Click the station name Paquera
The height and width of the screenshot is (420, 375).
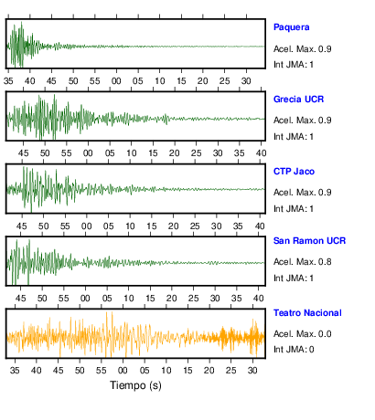[291, 27]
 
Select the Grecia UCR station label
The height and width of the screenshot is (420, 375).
[298, 100]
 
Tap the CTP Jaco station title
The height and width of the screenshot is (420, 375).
[294, 172]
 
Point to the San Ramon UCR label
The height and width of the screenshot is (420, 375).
[309, 241]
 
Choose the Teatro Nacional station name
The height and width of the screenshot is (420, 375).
[307, 313]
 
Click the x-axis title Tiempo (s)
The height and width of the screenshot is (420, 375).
[135, 385]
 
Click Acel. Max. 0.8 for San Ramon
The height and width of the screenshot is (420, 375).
[302, 262]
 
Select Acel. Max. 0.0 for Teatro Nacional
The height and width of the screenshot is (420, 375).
[302, 334]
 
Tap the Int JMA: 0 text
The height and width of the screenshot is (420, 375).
[294, 350]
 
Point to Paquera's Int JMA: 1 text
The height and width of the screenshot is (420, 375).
[294, 65]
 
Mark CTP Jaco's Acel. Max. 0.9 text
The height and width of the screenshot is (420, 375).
[302, 193]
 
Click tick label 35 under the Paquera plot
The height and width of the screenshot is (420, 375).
[8, 81]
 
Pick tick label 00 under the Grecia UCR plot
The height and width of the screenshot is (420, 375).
[88, 153]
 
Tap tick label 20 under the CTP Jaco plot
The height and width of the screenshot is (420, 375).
[173, 226]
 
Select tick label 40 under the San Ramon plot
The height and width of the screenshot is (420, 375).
[258, 299]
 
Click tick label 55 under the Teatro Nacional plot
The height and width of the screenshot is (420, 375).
[101, 371]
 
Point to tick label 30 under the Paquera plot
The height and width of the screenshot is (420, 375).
[246, 81]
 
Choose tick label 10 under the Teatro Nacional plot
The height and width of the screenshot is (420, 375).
[166, 371]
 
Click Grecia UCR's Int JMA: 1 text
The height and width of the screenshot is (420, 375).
[294, 137]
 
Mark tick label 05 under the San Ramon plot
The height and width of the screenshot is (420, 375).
[107, 299]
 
